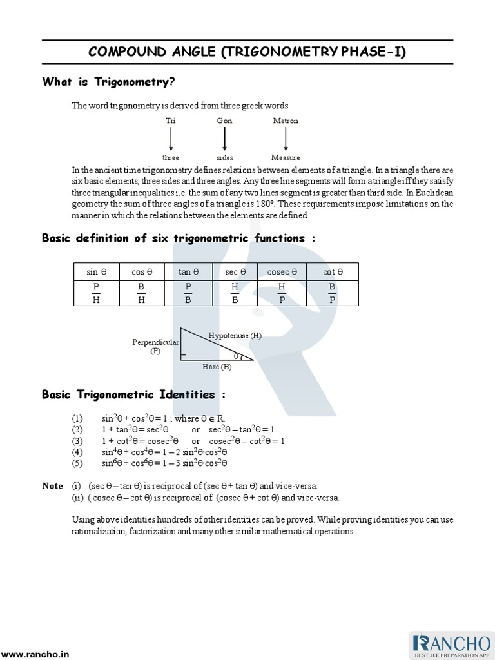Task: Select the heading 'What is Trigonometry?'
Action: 108,82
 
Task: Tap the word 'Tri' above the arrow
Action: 170,121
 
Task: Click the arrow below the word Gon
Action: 224,139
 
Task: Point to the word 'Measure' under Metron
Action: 286,157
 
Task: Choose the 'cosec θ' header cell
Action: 282,272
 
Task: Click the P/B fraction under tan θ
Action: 188,293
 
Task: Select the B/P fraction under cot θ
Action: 332,293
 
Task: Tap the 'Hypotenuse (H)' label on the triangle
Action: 235,335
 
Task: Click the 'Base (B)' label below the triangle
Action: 217,367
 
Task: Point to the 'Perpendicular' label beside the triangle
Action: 155,342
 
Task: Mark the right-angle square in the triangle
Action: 184,356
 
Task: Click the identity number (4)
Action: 77,452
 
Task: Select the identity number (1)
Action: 77,418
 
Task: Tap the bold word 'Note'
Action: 53,486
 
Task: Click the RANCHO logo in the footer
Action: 451,645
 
